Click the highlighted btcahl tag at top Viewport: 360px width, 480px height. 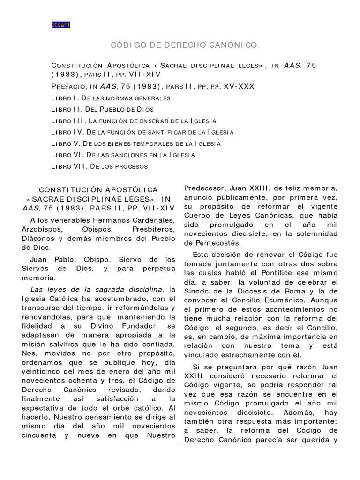click(x=60, y=25)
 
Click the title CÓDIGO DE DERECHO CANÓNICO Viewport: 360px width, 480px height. click(x=184, y=45)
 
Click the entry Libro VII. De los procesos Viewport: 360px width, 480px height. click(x=99, y=166)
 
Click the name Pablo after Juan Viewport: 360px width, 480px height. click(x=61, y=259)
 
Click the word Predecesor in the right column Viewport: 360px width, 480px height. click(x=205, y=189)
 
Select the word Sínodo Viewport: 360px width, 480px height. click(x=199, y=291)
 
